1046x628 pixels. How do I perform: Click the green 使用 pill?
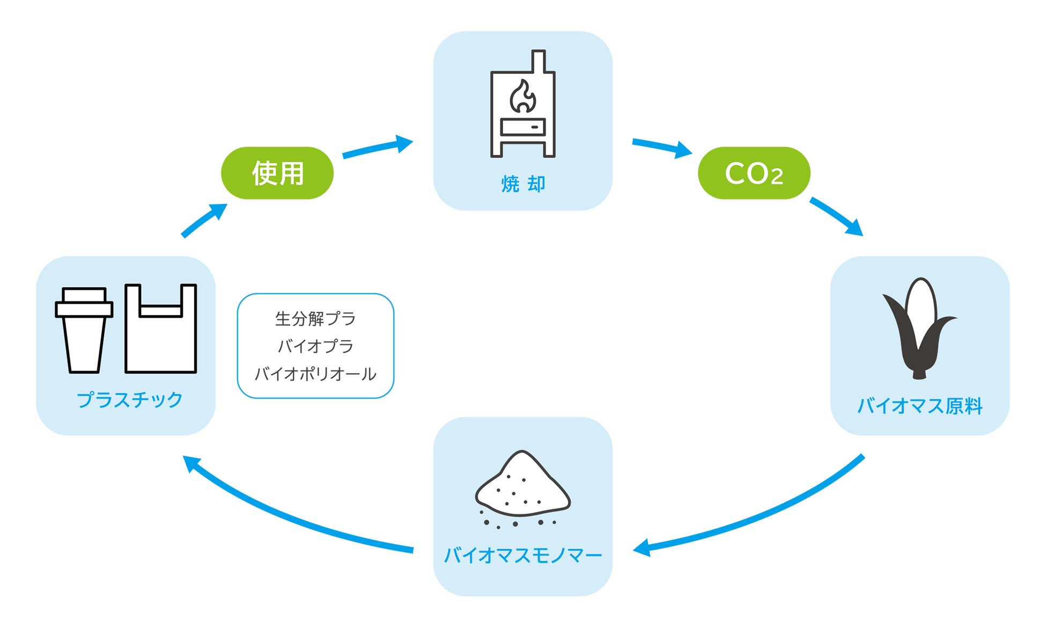click(x=277, y=173)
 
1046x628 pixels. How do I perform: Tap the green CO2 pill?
click(x=754, y=173)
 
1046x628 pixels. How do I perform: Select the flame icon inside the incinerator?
click(x=522, y=96)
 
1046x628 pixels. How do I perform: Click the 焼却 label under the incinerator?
click(x=523, y=184)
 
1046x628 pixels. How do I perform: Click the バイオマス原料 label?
click(x=919, y=406)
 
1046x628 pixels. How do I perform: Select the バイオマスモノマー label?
click(x=523, y=555)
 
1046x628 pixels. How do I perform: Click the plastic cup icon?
click(x=84, y=330)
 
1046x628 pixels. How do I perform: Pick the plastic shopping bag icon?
click(x=161, y=328)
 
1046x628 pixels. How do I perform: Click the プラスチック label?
click(x=129, y=400)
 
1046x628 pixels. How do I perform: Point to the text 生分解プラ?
click(x=315, y=318)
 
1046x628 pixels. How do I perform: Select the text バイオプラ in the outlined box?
click(x=315, y=346)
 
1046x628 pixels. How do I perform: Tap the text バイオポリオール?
click(x=315, y=374)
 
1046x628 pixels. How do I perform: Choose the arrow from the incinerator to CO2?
click(x=662, y=147)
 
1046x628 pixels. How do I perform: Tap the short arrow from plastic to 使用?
click(x=204, y=220)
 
